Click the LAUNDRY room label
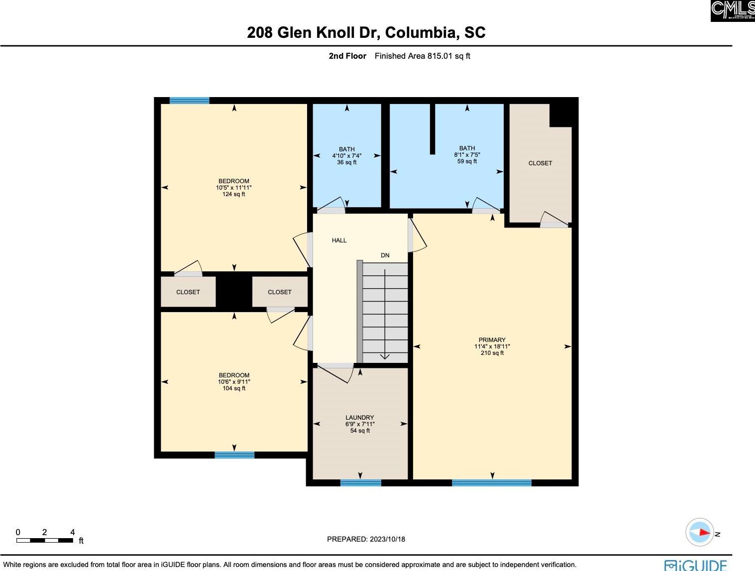(359, 418)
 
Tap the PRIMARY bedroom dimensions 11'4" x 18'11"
(492, 346)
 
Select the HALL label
(339, 240)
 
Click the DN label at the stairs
(385, 255)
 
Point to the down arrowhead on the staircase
(385, 356)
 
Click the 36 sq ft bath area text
(346, 162)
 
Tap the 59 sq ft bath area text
(467, 161)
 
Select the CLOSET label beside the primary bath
(540, 163)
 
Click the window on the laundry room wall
(360, 482)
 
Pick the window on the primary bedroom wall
(491, 482)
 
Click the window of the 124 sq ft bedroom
(189, 101)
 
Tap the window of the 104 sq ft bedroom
(234, 455)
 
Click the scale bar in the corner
(45, 540)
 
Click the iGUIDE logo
(695, 565)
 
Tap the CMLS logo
(732, 10)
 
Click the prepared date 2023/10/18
(366, 539)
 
